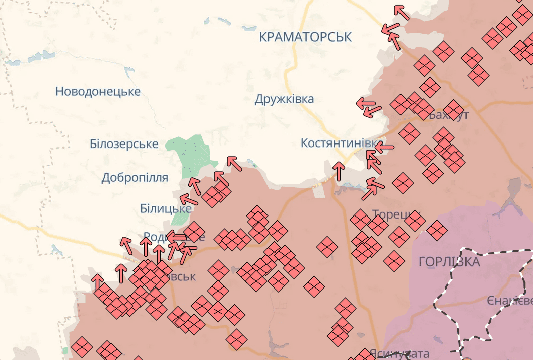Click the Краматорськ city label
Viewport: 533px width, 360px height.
click(x=305, y=37)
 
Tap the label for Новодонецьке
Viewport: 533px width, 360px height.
click(x=98, y=92)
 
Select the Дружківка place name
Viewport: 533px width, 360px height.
click(x=284, y=99)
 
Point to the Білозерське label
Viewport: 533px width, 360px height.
click(x=124, y=144)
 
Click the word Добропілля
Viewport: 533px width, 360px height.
click(x=135, y=178)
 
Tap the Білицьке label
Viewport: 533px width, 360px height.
click(x=166, y=208)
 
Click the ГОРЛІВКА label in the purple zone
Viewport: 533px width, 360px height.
click(x=449, y=262)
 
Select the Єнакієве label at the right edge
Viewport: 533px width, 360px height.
click(x=509, y=301)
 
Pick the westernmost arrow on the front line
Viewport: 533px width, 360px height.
click(x=97, y=282)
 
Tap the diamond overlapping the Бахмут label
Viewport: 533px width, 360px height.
click(x=453, y=108)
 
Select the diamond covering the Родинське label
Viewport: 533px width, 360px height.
click(x=194, y=232)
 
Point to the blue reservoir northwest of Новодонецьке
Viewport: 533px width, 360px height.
click(x=40, y=56)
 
